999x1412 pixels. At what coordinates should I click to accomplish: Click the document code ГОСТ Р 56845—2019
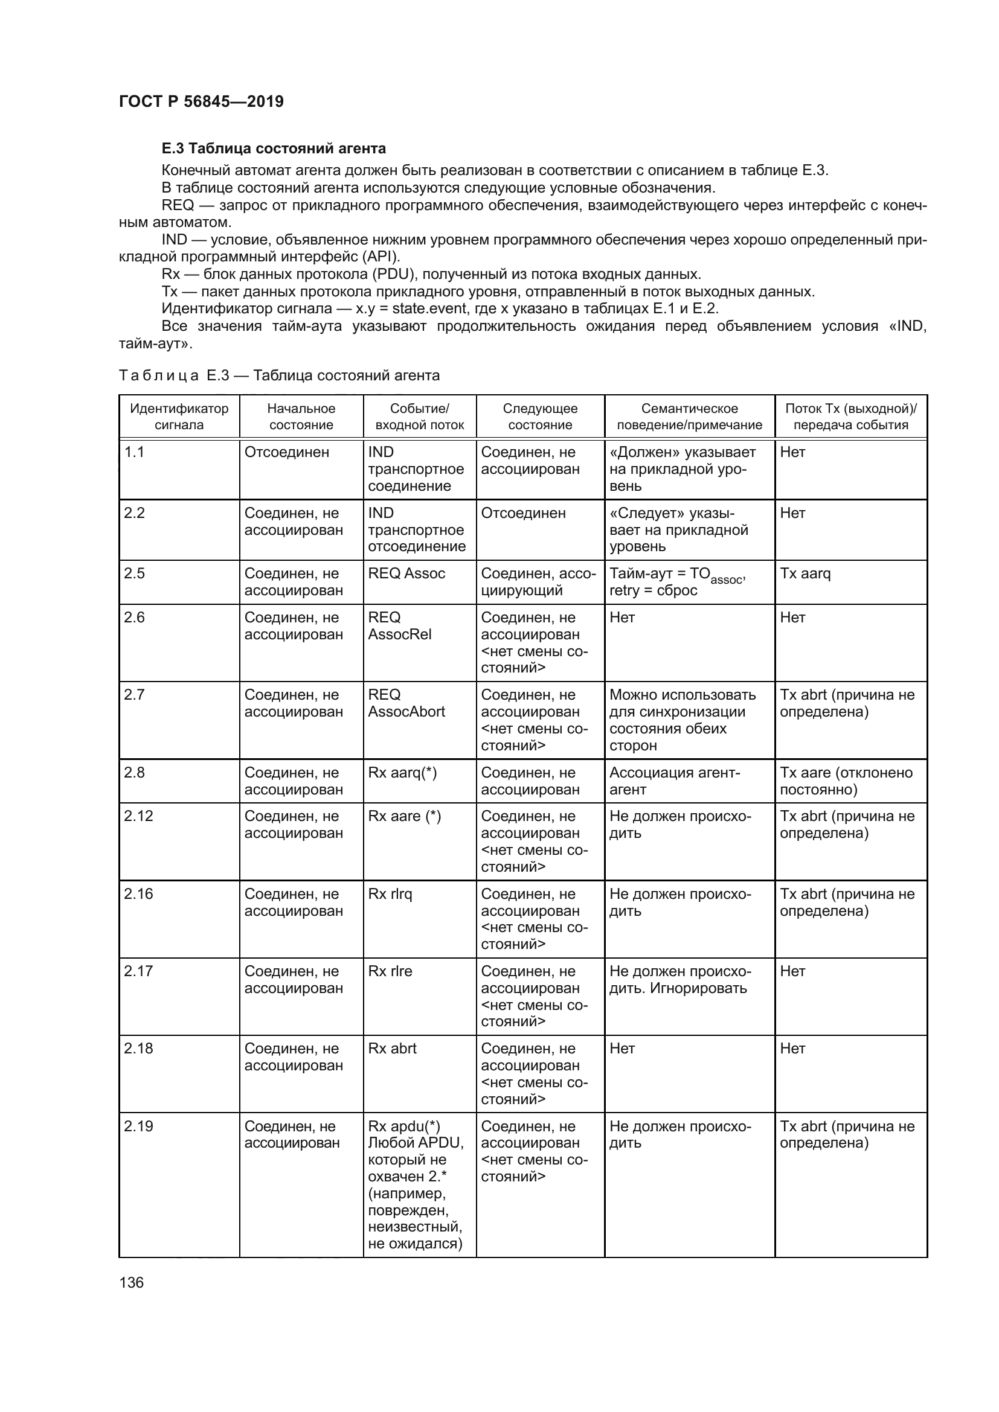[201, 101]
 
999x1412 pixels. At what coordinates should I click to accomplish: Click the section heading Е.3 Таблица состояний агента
[273, 149]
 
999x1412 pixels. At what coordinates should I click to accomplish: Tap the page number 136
[131, 1282]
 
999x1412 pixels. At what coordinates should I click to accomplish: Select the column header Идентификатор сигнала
[179, 417]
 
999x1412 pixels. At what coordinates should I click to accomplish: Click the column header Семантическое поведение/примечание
[689, 417]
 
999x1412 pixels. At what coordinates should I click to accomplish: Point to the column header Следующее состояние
[539, 417]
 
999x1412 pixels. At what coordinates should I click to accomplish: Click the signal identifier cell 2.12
[138, 816]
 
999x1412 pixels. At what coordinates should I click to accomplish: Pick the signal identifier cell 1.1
[134, 452]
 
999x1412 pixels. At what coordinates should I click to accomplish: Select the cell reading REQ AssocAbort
[406, 703]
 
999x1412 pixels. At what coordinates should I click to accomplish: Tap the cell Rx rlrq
[390, 893]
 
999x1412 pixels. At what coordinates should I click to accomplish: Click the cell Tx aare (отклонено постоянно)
[846, 781]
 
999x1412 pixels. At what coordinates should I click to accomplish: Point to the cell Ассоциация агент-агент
[674, 781]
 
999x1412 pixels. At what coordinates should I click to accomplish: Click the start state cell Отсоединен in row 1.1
[287, 452]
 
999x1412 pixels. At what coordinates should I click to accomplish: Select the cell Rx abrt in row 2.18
[392, 1049]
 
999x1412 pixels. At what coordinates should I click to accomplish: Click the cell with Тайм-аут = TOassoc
[676, 582]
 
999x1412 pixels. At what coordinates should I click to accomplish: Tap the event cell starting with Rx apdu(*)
[415, 1184]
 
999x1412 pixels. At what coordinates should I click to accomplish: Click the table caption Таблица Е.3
[278, 375]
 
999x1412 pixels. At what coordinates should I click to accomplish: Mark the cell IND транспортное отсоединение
[417, 529]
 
